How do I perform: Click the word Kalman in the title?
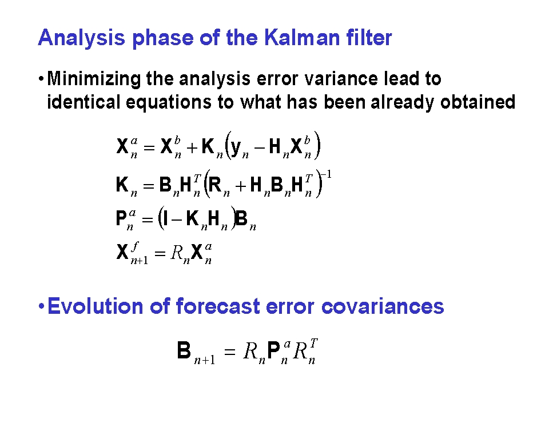click(301, 38)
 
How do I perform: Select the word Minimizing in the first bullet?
click(93, 79)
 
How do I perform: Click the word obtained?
click(478, 102)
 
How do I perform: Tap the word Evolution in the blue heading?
click(96, 306)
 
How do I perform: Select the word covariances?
click(383, 306)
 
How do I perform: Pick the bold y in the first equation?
click(236, 147)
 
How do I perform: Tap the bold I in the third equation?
click(165, 219)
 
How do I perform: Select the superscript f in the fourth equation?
click(135, 246)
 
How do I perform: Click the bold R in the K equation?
click(214, 185)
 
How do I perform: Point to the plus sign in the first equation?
click(192, 147)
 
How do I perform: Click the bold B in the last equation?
click(184, 350)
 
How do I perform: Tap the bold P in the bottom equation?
click(273, 350)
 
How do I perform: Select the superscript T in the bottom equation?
click(313, 343)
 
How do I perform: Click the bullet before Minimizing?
click(41, 78)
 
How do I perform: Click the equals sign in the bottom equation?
click(229, 352)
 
